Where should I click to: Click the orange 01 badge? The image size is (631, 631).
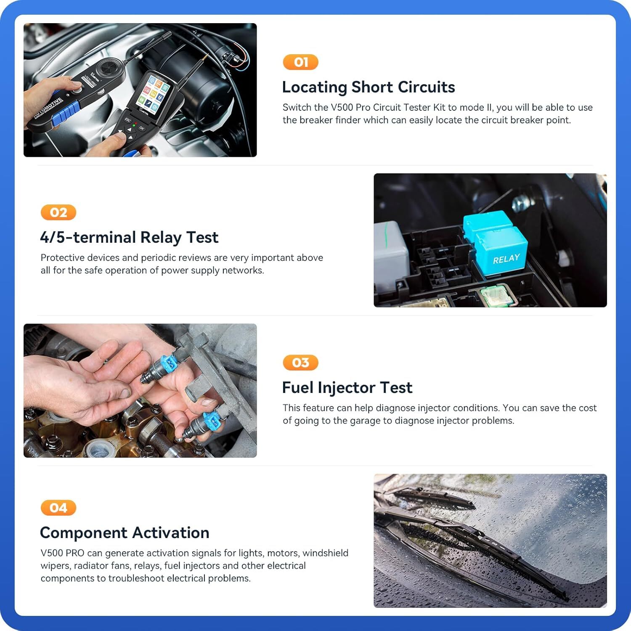tap(300, 62)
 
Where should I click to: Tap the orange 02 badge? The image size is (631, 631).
tap(58, 212)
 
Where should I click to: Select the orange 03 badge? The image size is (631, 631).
tap(300, 363)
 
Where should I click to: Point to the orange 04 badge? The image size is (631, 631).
tap(58, 508)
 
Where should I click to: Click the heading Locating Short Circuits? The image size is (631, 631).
tap(368, 87)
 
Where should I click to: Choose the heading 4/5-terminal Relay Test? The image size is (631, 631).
tap(129, 237)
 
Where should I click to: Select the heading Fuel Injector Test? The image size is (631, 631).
tap(347, 387)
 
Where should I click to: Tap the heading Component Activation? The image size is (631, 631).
tap(125, 533)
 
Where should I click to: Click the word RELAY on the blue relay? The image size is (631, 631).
tap(506, 259)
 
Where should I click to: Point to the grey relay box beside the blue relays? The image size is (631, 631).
tap(390, 252)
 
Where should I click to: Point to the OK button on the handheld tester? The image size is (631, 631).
tap(142, 128)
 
